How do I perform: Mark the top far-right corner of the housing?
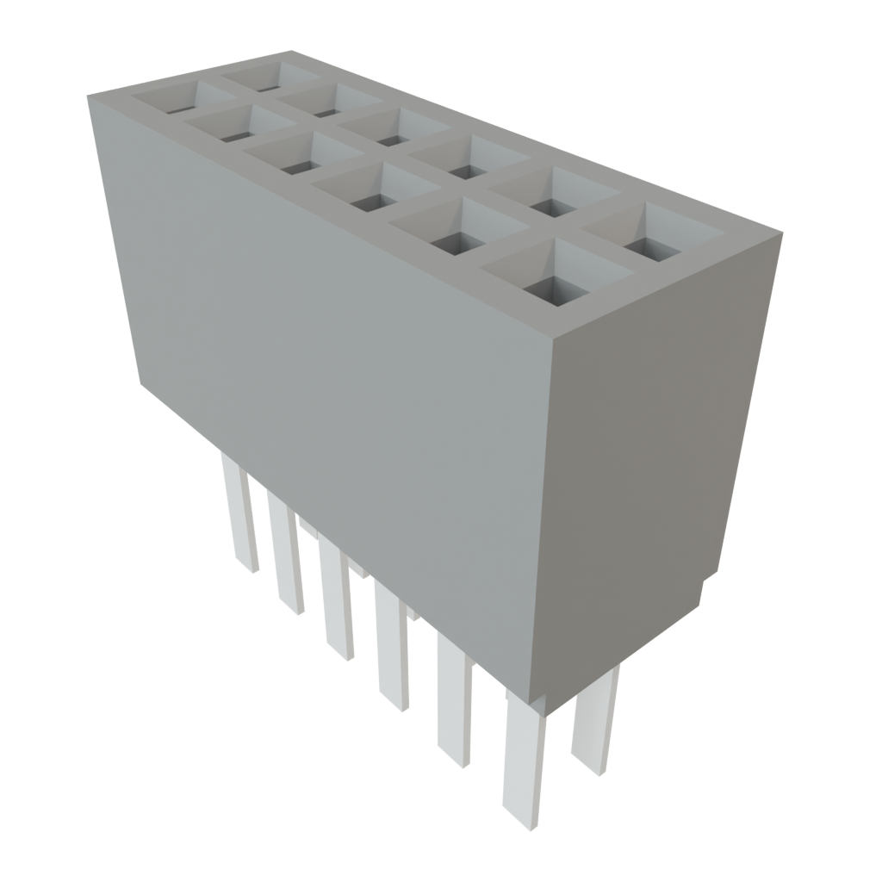[x=782, y=231]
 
